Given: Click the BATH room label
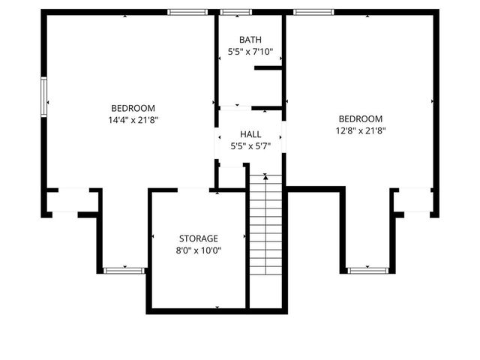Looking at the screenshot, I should [x=250, y=40].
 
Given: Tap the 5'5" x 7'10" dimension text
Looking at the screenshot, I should [x=250, y=52].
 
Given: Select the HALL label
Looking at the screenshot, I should [x=250, y=133].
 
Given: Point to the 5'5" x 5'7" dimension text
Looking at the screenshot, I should [x=250, y=146].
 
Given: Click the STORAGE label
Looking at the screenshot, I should [x=198, y=238].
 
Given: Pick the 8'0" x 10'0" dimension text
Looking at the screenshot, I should [x=198, y=251].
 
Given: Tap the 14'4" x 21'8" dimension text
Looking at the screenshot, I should [x=133, y=119].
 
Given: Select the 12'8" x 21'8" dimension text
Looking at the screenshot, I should [x=360, y=130].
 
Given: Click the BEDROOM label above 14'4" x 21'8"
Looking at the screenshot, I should [x=133, y=107].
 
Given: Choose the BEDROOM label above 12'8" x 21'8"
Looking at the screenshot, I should [x=360, y=118].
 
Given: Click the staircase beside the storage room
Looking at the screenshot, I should [x=265, y=240].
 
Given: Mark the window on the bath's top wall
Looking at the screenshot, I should [x=236, y=12].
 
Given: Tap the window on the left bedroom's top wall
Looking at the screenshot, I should [x=187, y=12].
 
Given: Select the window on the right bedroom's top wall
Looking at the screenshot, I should [x=313, y=12].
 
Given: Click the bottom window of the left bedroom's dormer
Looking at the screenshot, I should [x=124, y=270].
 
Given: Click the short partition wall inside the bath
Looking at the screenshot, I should [x=268, y=68].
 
